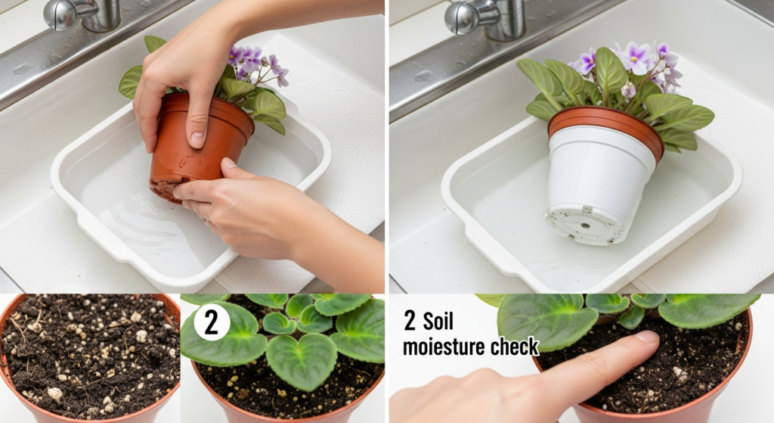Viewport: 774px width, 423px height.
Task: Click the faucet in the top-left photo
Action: tap(82, 15)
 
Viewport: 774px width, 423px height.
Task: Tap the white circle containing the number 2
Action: tap(212, 323)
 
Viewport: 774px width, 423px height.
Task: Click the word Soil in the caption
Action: tap(438, 322)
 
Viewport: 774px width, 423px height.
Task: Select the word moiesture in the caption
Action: tap(442, 347)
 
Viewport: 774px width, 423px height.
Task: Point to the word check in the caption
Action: tap(514, 347)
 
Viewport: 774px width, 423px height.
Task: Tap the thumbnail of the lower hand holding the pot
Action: tap(228, 163)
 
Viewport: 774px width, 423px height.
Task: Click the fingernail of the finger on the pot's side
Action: tap(197, 140)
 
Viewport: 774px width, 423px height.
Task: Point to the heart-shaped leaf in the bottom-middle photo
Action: tap(301, 359)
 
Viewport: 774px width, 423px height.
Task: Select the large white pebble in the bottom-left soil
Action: tap(54, 393)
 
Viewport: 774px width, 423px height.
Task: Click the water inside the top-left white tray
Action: tap(148, 222)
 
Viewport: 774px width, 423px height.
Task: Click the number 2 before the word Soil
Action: tap(410, 322)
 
